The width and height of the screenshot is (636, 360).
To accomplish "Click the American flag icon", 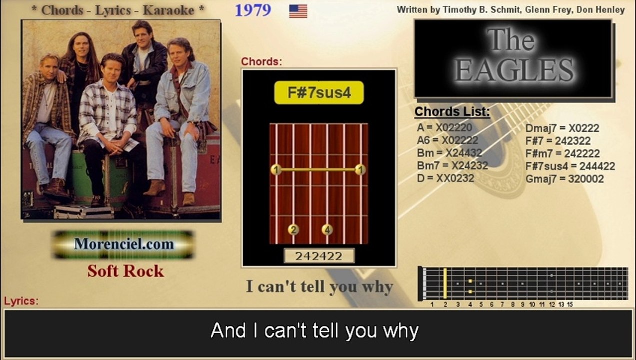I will coord(298,11).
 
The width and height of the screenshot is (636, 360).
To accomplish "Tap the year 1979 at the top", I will coord(253,10).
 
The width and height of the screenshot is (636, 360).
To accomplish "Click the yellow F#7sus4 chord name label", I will coord(319,93).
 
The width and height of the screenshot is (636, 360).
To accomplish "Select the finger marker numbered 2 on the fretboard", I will coord(293,230).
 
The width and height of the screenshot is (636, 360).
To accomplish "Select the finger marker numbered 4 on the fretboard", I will coord(327,230).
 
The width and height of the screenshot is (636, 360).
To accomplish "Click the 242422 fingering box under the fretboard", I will coord(319,256).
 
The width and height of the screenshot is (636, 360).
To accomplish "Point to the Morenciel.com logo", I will coord(124,244).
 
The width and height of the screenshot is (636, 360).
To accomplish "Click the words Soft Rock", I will coord(125,271).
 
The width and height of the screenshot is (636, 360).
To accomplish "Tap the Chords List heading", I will coord(452,112).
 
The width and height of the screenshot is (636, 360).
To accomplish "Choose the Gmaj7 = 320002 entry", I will coord(564,179).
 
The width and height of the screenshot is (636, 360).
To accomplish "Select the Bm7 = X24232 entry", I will coord(452,165).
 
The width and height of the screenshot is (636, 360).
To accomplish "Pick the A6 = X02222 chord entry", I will coord(447,140).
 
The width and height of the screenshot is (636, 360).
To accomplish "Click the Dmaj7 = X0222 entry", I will coord(562,128).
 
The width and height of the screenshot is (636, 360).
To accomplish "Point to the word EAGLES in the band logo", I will coord(514,70).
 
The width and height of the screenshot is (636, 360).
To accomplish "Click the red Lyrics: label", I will coord(21,301).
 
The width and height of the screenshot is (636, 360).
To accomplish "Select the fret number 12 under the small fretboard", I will coord(551,304).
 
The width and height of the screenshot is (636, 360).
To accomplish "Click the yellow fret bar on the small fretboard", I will coord(445,284).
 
